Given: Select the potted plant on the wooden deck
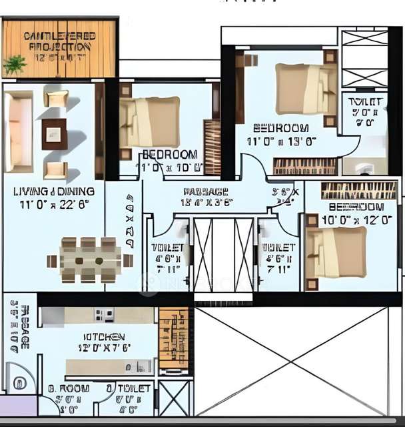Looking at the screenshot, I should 14,65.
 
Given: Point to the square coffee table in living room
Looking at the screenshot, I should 55,133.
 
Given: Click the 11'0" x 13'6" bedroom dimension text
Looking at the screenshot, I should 281,141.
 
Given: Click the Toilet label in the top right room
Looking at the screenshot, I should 366,102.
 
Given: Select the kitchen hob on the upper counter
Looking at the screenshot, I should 103,313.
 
